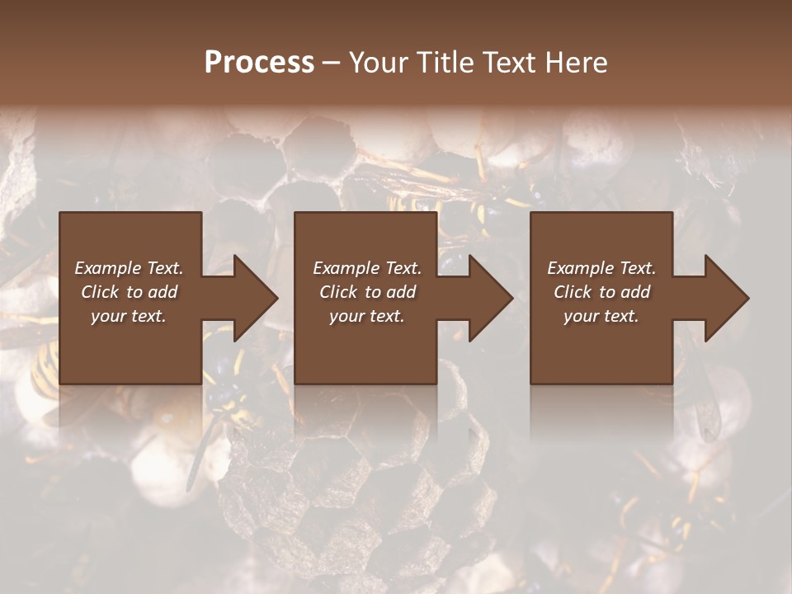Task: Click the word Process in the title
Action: [259, 63]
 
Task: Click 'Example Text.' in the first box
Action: [129, 268]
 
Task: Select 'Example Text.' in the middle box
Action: [367, 268]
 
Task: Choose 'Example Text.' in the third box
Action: [601, 268]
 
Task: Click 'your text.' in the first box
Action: [129, 316]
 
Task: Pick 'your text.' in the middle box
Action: [367, 316]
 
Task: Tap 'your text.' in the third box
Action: [601, 316]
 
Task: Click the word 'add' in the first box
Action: [163, 292]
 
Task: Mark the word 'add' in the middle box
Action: [401, 292]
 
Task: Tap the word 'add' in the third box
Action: [635, 292]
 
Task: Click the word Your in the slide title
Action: [379, 63]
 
